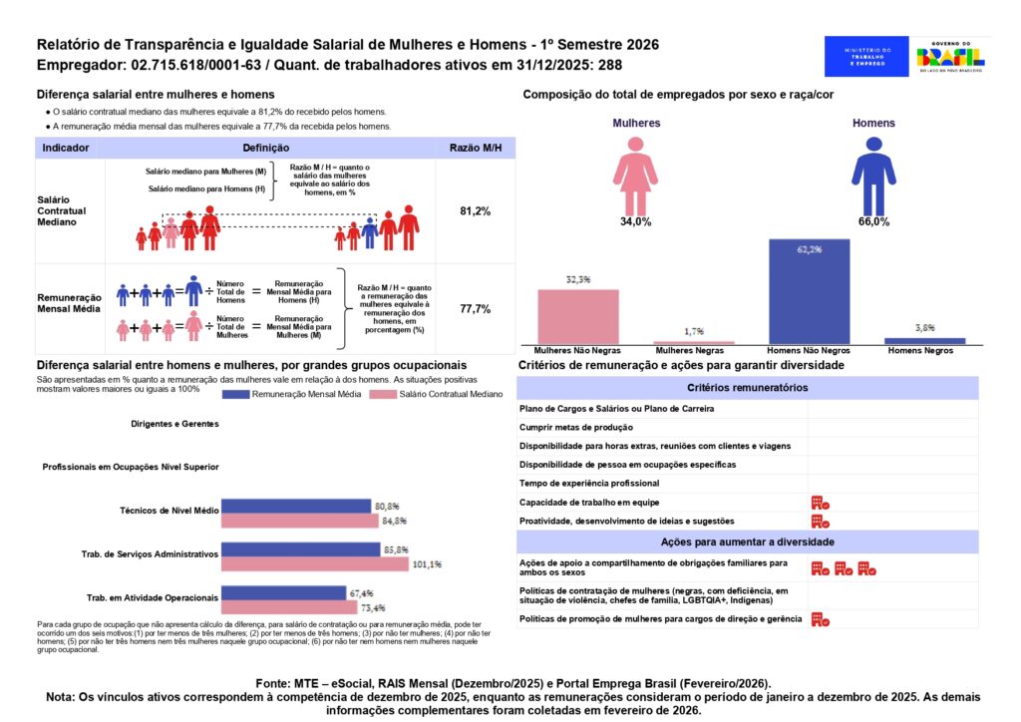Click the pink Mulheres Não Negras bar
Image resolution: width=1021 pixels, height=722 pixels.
tap(578, 317)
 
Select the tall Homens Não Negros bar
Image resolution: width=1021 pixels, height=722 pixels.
tap(809, 292)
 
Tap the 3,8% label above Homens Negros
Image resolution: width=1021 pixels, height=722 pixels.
tap(924, 327)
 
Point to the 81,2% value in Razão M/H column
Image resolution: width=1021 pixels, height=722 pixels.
tap(475, 211)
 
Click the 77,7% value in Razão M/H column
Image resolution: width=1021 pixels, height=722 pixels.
tap(475, 309)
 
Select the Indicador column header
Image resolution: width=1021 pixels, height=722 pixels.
tap(66, 148)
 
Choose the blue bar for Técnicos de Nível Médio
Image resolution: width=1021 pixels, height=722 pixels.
tap(295, 506)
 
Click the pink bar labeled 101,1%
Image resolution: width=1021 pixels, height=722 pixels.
tap(314, 564)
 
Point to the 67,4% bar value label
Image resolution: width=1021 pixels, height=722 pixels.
tap(361, 592)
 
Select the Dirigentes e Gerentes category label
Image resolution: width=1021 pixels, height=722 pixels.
tap(173, 423)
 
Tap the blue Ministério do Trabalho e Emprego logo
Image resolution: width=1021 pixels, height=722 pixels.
tap(866, 57)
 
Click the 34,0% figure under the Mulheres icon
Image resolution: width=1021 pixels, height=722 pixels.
tap(635, 221)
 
